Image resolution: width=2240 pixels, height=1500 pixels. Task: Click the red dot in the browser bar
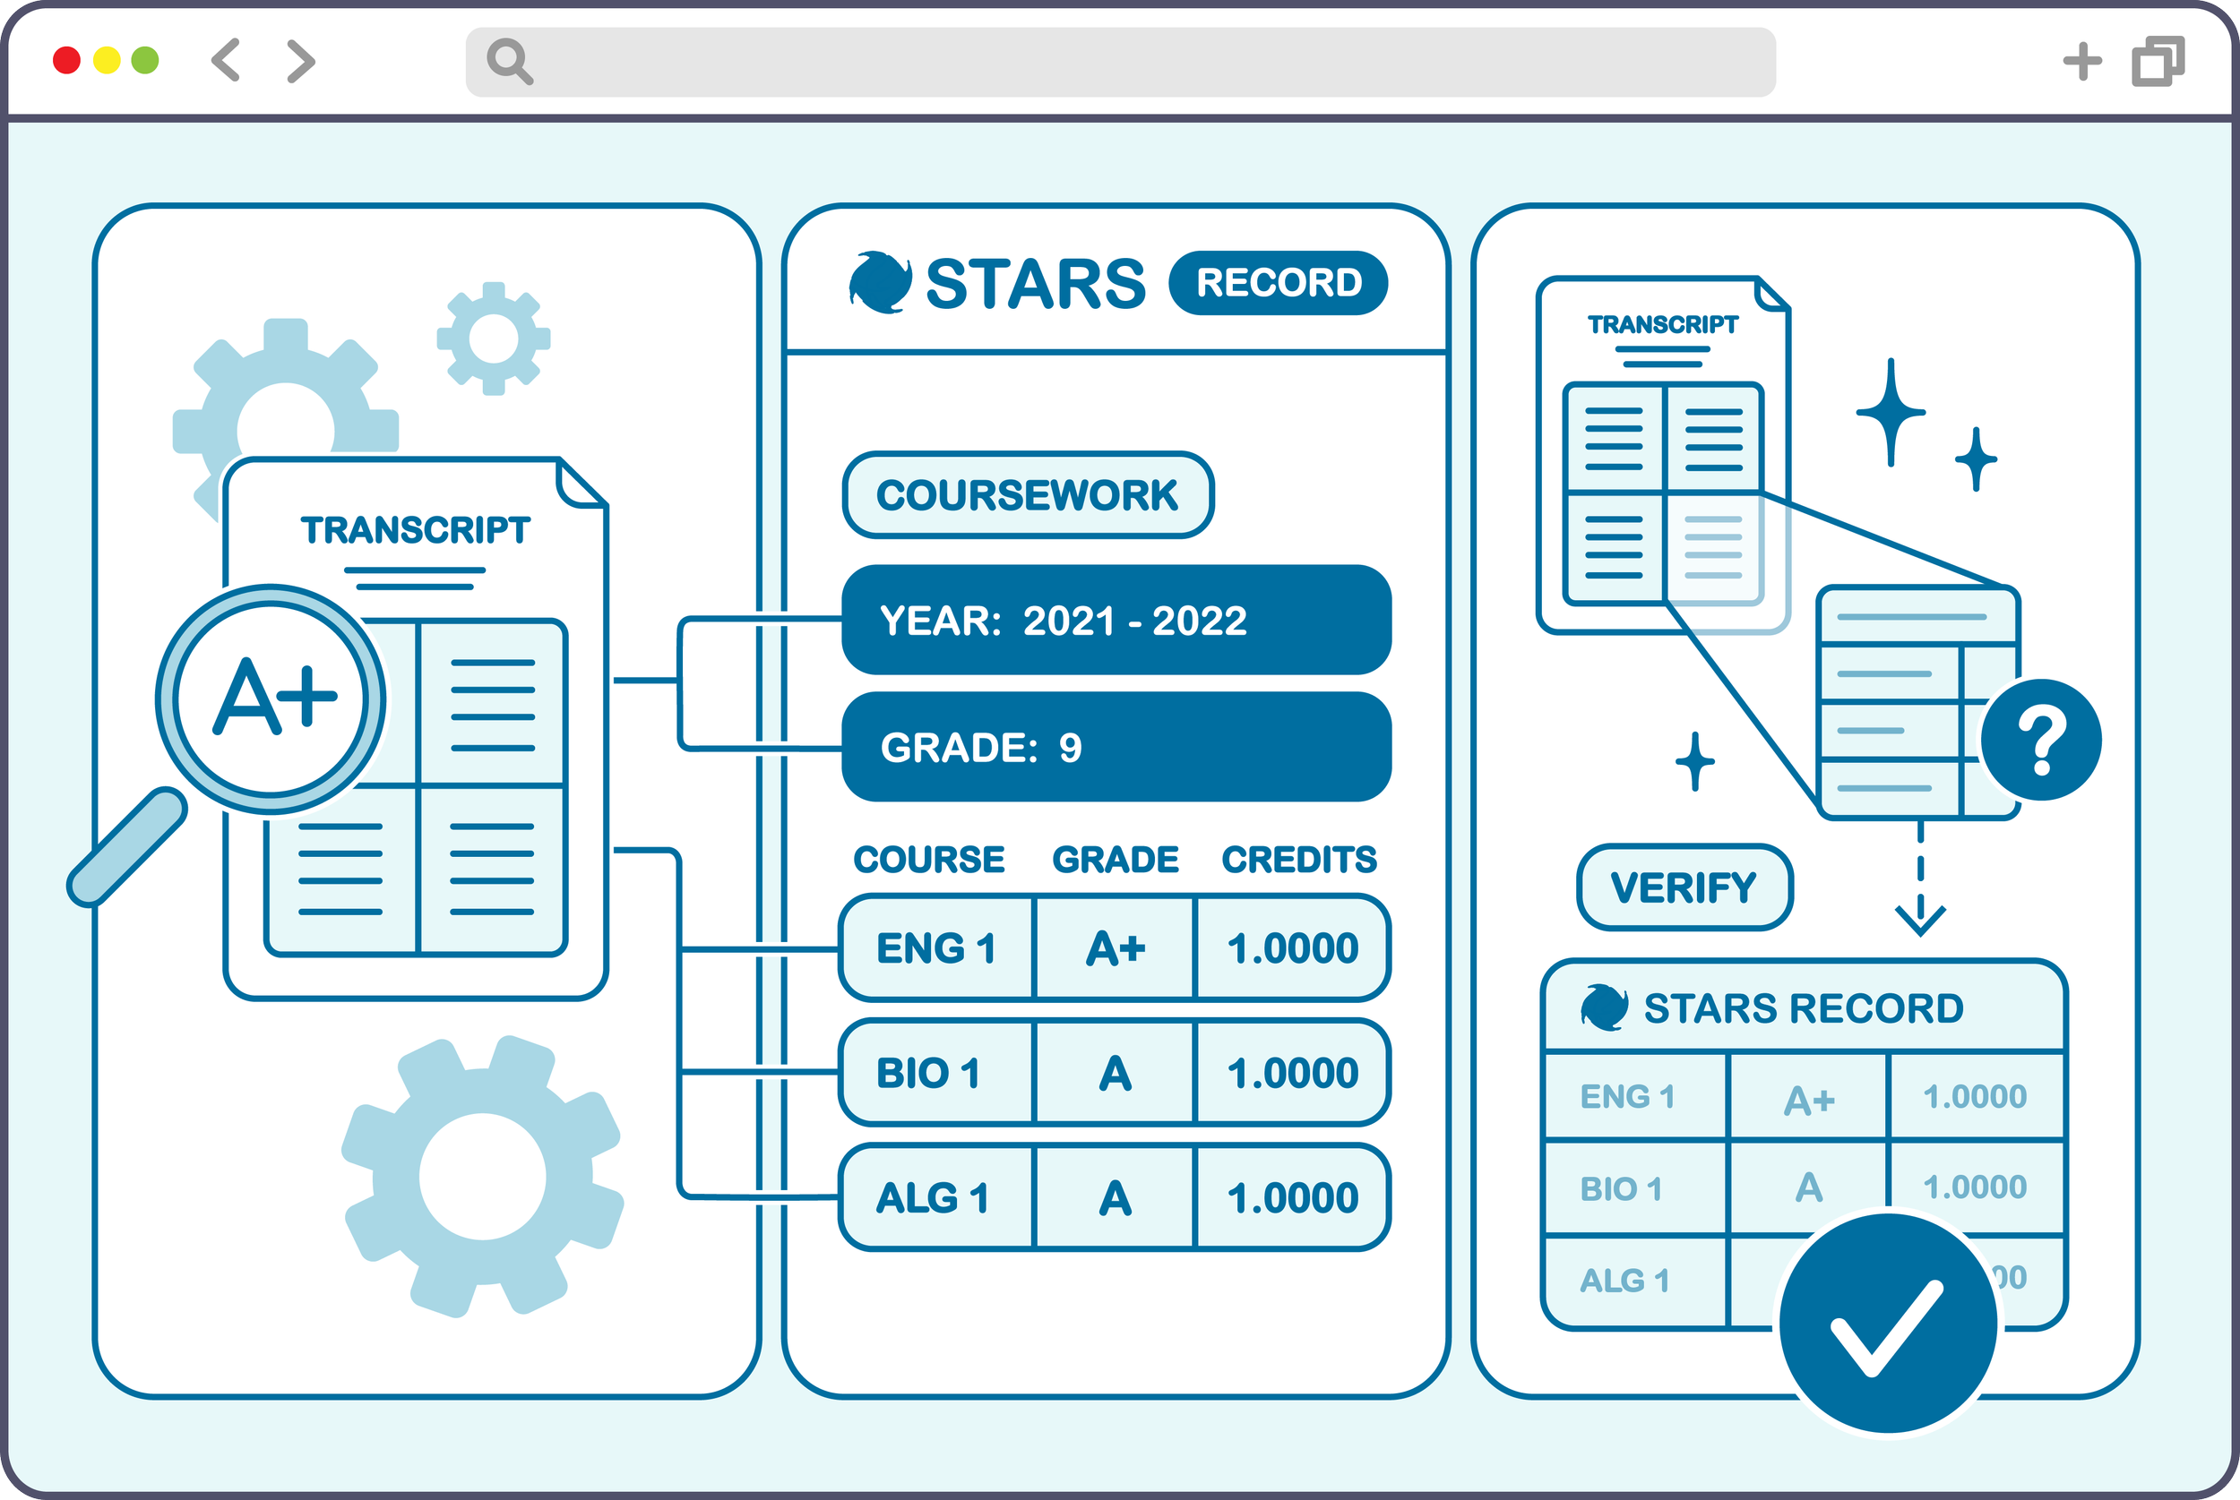tap(66, 60)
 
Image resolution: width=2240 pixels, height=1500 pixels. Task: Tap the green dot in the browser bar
tap(144, 60)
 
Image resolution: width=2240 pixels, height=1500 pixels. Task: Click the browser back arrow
tap(226, 60)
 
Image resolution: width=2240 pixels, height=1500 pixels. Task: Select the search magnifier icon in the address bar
tap(509, 62)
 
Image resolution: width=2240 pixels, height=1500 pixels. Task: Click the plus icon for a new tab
tap(2082, 61)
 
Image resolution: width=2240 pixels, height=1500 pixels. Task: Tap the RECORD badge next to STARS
tap(1279, 283)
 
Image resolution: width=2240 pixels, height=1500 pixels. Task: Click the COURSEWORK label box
tap(1028, 495)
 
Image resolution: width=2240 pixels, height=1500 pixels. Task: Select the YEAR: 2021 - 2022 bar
tap(1116, 621)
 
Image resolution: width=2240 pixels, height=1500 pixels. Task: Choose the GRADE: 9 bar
tap(1116, 747)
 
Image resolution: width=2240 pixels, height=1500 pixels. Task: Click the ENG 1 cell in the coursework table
tap(936, 949)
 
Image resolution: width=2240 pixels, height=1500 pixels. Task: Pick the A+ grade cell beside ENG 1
tap(1115, 949)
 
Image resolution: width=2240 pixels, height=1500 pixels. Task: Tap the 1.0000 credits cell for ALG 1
tap(1293, 1197)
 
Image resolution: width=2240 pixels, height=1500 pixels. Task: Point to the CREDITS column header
tap(1298, 860)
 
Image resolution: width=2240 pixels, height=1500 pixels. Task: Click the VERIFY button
tap(1684, 887)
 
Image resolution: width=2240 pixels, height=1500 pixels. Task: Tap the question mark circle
tap(2041, 740)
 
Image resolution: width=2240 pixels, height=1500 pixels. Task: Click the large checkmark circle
tap(1887, 1325)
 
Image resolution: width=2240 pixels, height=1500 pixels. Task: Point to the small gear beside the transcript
tap(494, 339)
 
